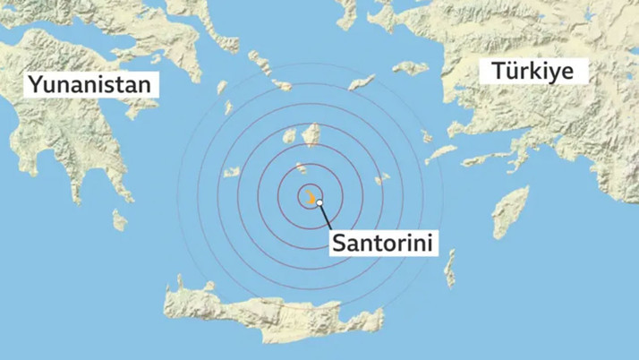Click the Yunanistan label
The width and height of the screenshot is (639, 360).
94,86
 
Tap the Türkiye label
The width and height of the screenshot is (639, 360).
533,71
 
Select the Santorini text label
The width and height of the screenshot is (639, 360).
385,242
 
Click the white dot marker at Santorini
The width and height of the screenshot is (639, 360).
319,204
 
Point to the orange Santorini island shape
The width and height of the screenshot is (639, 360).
311,195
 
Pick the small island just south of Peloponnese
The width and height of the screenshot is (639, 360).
119,219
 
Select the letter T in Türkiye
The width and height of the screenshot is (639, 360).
495,70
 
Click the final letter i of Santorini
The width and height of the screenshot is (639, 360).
432,241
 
